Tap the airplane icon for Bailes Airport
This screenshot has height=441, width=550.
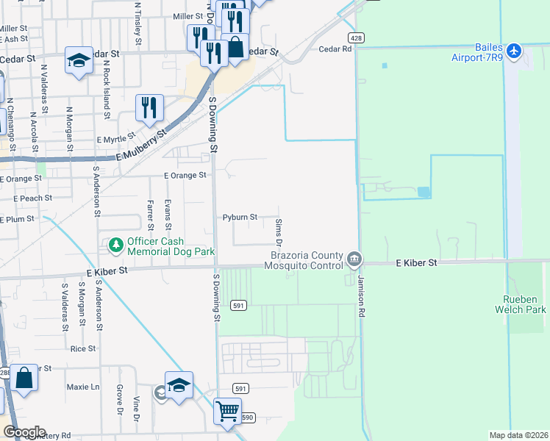pyautogui.click(x=514, y=51)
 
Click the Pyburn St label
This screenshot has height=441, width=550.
pyautogui.click(x=240, y=218)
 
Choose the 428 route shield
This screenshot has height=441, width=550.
pyautogui.click(x=355, y=37)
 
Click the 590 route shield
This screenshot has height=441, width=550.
pyautogui.click(x=248, y=417)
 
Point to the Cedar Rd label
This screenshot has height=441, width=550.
pyautogui.click(x=336, y=49)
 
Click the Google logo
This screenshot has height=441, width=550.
pyautogui.click(x=24, y=432)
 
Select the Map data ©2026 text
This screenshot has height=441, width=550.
pyautogui.click(x=518, y=435)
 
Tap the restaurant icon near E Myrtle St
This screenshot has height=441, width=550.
pyautogui.click(x=149, y=107)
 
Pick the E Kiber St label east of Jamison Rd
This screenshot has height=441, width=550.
pyautogui.click(x=416, y=262)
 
